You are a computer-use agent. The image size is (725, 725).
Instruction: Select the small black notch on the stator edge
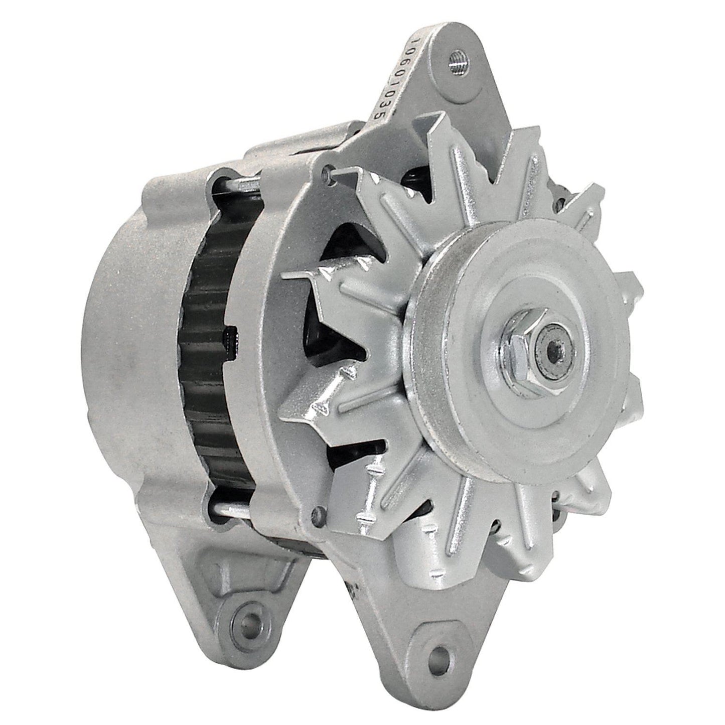(231, 339)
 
